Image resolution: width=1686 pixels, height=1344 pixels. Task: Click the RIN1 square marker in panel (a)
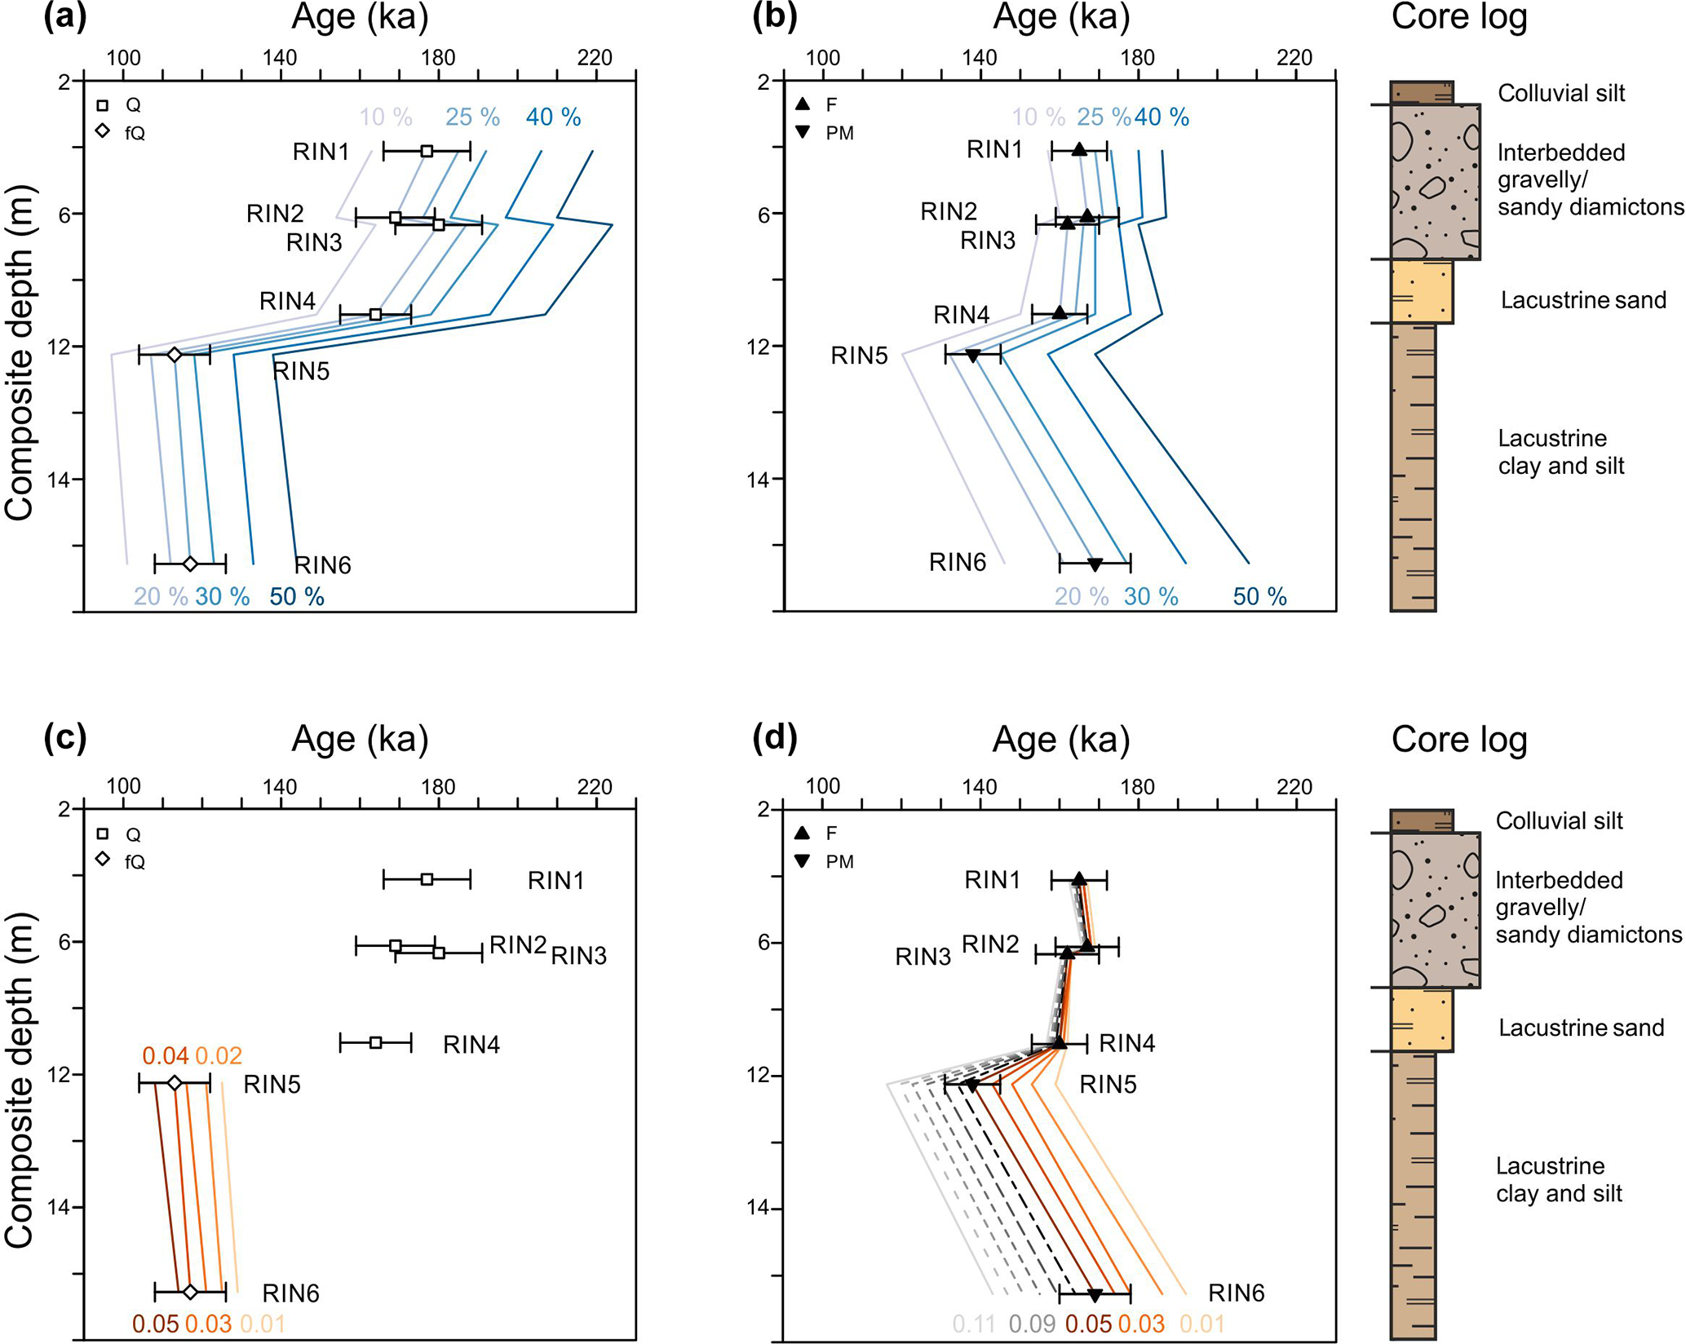point(427,151)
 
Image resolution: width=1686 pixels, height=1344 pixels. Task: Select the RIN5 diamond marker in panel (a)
point(175,355)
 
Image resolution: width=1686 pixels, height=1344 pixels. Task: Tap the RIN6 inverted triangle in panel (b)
point(1095,564)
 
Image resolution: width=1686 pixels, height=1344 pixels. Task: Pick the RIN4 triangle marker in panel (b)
point(1059,312)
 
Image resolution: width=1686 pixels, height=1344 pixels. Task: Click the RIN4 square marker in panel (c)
point(375,1042)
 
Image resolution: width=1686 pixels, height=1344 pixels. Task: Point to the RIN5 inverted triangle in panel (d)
point(972,1085)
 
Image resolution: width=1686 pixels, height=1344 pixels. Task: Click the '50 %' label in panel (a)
point(297,597)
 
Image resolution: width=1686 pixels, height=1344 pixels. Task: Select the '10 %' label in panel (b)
point(1038,117)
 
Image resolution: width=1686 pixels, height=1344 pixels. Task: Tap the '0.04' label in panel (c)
point(166,1056)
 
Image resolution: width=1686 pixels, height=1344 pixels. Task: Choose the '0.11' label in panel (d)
point(974,1324)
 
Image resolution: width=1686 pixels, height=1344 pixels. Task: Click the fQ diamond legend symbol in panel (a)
point(103,130)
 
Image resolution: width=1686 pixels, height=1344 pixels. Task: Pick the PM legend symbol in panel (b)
point(803,132)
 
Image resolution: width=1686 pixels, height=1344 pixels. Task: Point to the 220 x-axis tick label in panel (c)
point(595,787)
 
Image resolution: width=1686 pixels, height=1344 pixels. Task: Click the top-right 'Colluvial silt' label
point(1561,93)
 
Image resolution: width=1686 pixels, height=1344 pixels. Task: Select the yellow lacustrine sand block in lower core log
point(1422,1019)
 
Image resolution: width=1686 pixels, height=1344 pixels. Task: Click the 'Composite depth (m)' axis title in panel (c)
point(20,1081)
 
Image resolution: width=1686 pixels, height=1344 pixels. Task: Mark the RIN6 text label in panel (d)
point(1236,1293)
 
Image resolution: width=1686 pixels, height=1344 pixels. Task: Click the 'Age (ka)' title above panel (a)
point(360,18)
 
